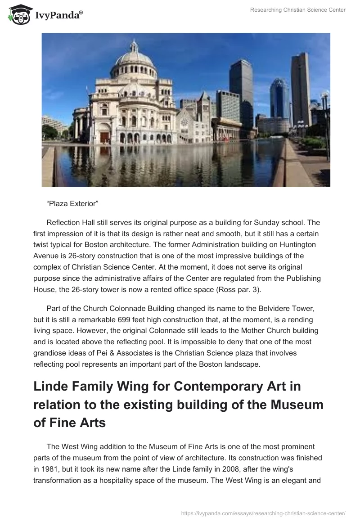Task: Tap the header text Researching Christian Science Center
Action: point(298,10)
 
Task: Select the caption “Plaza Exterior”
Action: point(72,204)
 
